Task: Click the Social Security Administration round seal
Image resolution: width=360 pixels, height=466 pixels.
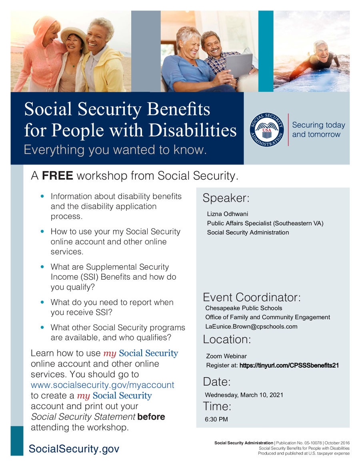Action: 266,130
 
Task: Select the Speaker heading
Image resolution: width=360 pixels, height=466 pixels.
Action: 226,198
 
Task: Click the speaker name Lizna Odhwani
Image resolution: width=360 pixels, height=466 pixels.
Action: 227,214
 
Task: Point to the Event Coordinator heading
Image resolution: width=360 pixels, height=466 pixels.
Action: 252,297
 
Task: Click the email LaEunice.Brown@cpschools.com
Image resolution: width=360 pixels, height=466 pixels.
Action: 251,326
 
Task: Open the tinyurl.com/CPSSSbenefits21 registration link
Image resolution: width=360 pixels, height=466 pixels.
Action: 289,365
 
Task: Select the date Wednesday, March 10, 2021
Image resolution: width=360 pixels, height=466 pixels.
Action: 244,395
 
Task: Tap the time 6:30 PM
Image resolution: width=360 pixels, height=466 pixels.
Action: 216,419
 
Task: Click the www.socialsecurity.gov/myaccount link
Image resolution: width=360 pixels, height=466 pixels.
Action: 102,385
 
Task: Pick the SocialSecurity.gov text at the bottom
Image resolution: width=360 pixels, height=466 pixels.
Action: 74,449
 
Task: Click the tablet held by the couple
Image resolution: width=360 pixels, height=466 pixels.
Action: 239,65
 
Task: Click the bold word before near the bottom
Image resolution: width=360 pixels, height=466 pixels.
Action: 151,416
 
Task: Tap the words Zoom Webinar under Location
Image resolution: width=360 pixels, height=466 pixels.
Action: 226,356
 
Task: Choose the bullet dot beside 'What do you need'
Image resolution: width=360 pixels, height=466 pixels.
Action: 42,302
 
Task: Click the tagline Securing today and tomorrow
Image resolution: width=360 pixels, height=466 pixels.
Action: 318,130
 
